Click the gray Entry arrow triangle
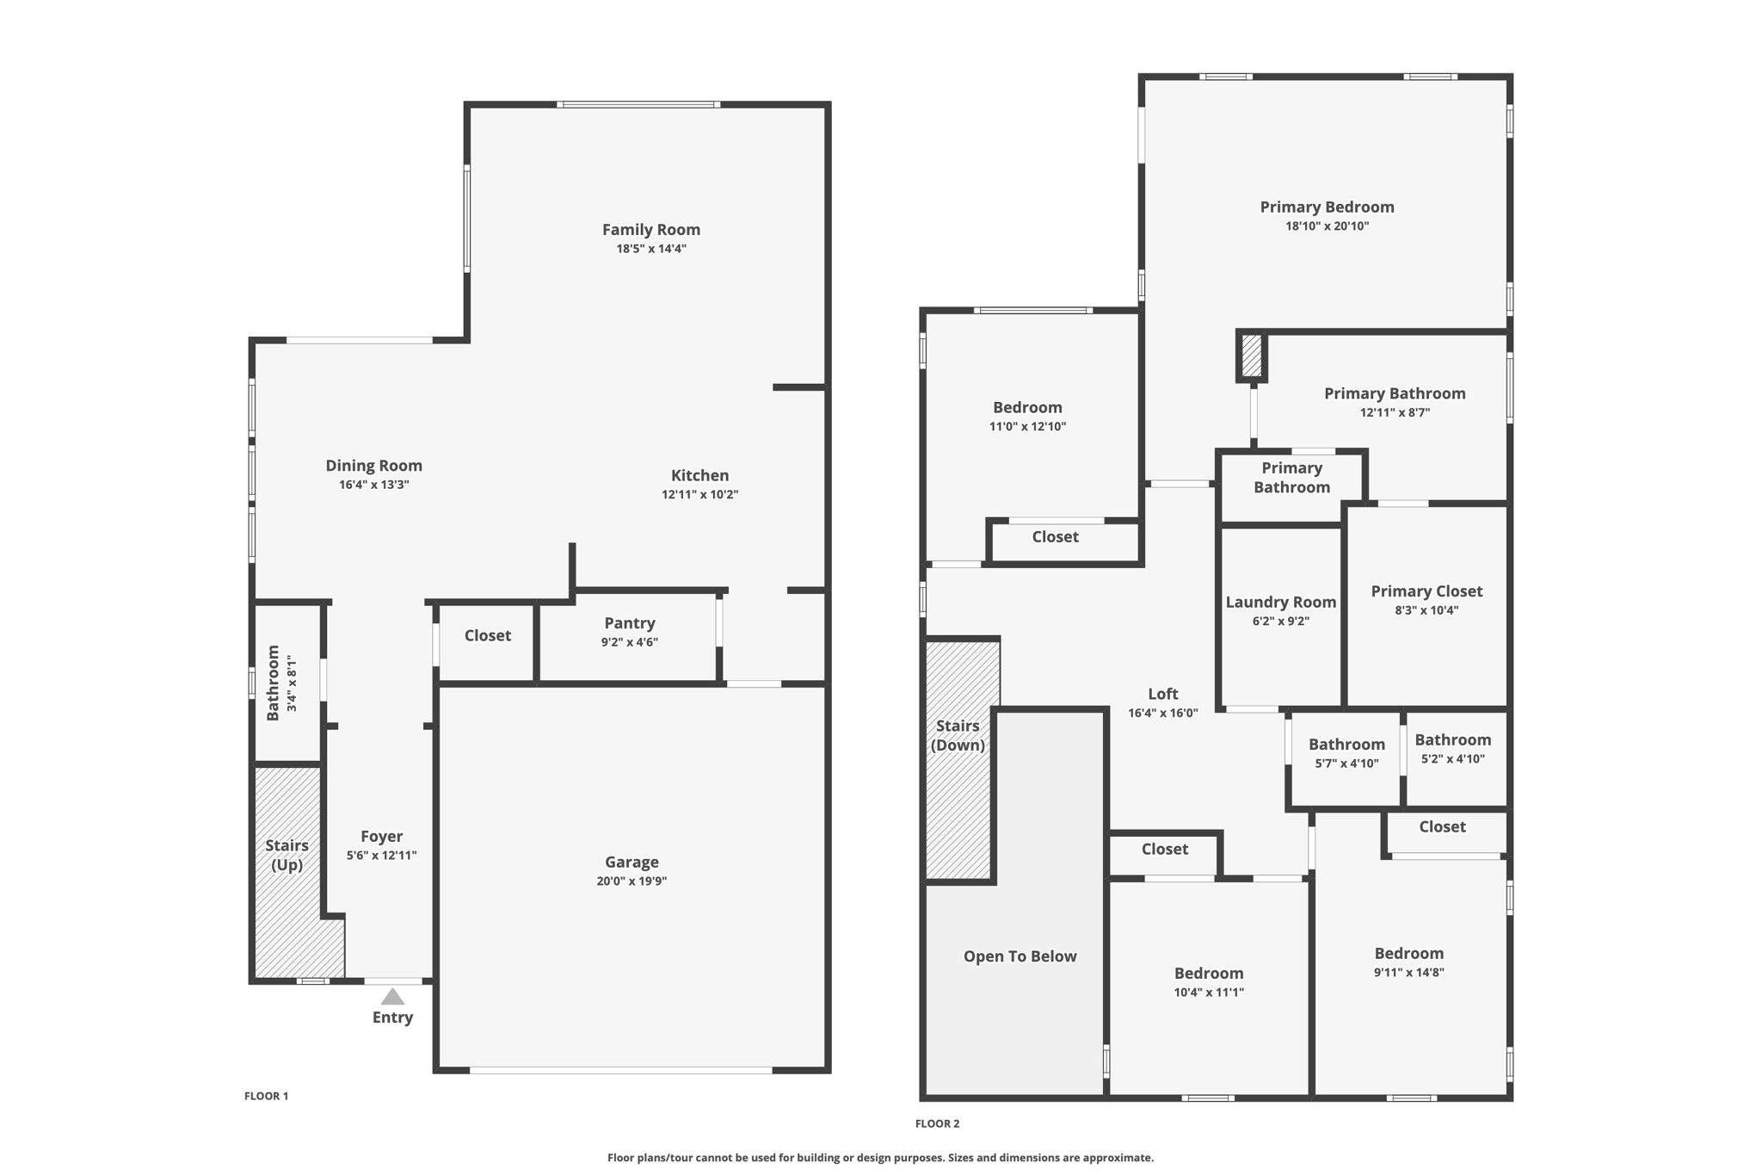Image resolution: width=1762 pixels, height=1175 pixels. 392,997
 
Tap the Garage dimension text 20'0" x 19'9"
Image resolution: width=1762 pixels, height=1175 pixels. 631,881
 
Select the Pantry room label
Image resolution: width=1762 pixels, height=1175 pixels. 629,622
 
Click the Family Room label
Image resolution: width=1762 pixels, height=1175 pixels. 650,229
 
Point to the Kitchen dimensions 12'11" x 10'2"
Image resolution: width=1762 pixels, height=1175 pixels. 699,494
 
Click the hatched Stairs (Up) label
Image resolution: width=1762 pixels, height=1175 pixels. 286,854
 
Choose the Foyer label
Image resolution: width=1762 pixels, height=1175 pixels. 381,836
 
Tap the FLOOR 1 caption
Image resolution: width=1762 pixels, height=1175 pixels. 266,1096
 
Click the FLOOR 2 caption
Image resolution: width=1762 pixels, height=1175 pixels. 937,1123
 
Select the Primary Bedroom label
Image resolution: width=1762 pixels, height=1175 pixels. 1327,207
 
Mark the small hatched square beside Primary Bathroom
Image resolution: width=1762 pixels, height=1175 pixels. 1252,356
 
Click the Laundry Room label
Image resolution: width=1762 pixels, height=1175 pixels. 1280,602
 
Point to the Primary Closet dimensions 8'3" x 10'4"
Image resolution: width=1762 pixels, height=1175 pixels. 1426,610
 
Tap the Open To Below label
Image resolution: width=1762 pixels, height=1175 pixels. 1020,955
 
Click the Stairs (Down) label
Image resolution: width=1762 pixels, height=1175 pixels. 958,735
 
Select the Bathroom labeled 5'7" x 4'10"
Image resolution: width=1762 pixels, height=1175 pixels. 1346,745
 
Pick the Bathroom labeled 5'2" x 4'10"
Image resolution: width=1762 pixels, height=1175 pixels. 1452,739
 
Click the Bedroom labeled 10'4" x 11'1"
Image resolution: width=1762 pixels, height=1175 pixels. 1208,973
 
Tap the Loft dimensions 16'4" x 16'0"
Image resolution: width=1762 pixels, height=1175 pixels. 1162,713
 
